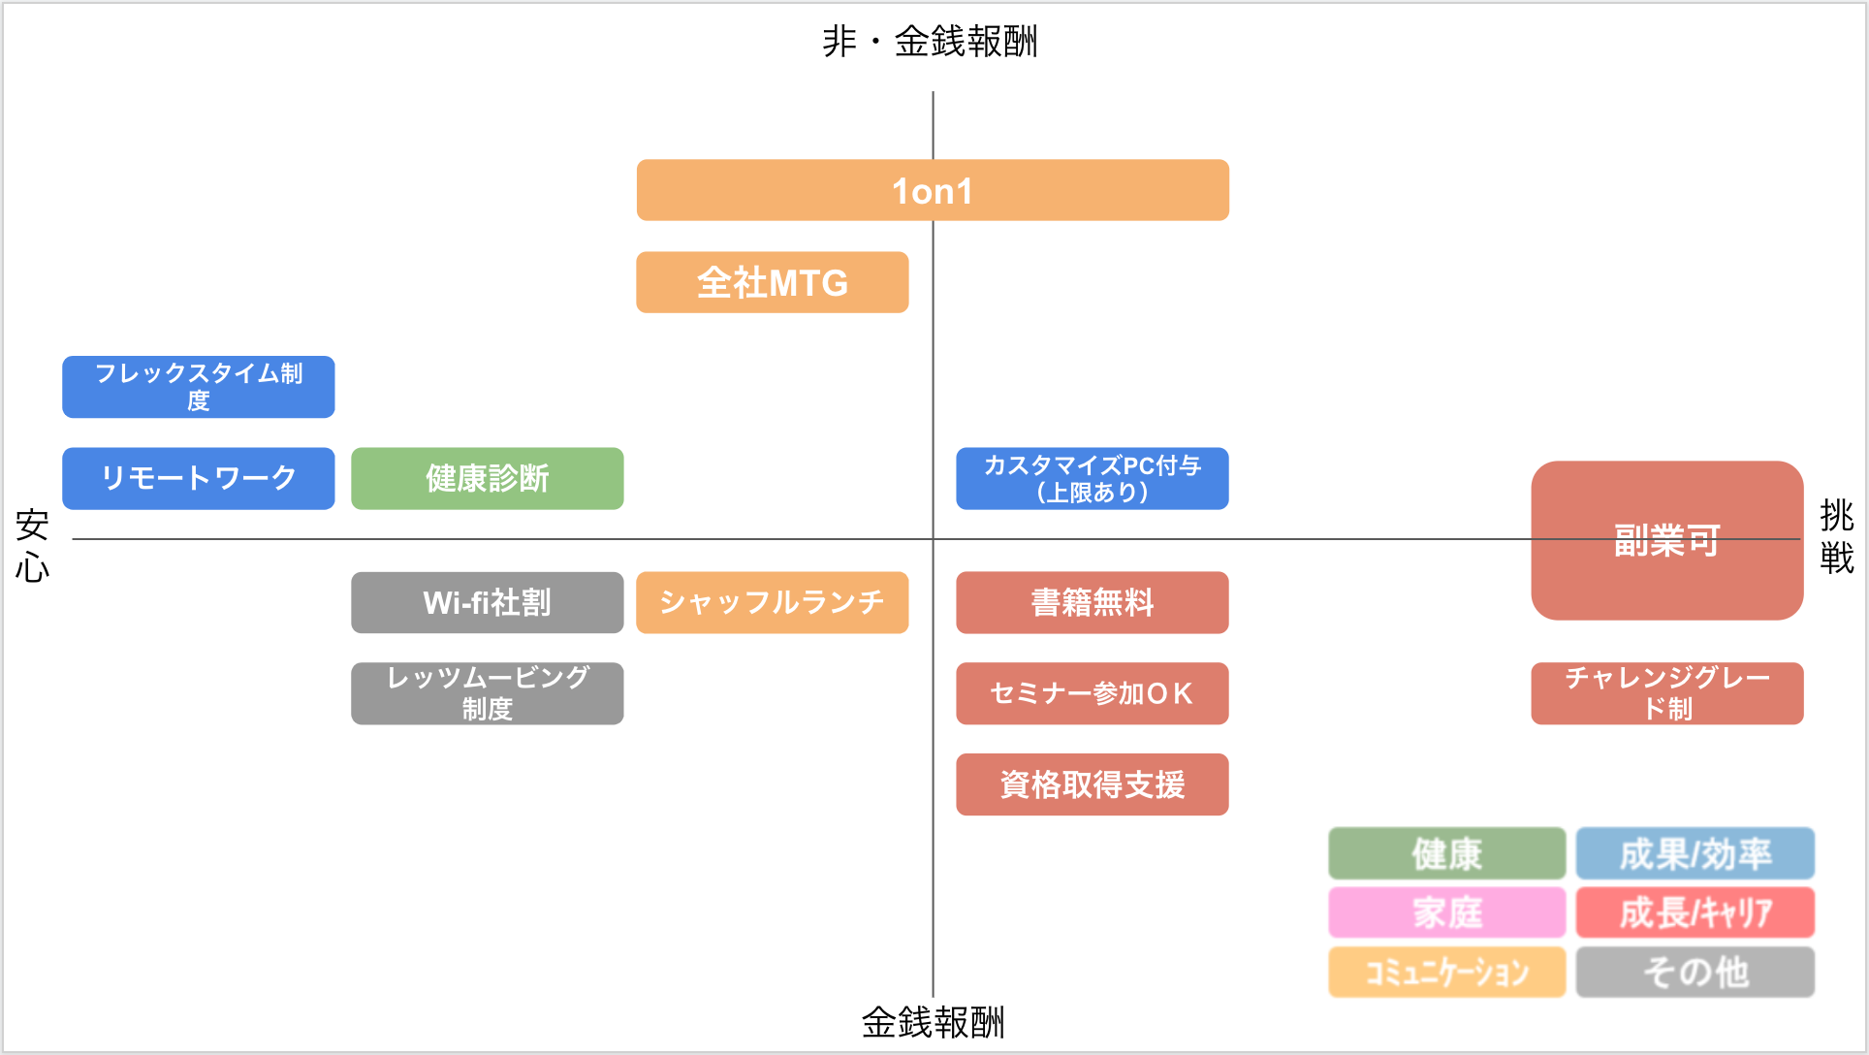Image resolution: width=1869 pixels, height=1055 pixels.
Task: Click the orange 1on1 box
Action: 933,190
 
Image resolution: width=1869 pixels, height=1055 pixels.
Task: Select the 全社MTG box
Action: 773,282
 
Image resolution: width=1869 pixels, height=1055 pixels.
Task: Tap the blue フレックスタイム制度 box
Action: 199,387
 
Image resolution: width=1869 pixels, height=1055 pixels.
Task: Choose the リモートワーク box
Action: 199,478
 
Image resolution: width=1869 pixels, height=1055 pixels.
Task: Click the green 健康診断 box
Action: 488,478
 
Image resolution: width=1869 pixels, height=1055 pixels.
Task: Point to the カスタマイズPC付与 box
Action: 1093,478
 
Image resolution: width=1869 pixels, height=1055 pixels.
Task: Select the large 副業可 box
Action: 1667,540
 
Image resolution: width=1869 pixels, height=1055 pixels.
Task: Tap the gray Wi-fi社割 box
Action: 488,602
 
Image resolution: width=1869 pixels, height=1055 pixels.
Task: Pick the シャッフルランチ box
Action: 773,602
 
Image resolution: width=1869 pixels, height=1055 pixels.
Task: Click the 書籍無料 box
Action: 1093,602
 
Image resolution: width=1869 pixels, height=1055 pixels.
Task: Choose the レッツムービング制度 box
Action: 488,693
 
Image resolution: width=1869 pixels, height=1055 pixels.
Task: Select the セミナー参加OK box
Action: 1093,693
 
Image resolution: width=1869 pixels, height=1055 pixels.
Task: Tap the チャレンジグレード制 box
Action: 1667,693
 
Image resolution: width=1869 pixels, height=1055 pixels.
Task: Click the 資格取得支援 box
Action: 1093,784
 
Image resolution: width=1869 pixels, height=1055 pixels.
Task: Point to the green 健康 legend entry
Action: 1447,853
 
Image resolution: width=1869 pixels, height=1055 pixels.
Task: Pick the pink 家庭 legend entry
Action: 1447,912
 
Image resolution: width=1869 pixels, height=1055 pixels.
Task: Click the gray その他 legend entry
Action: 1695,972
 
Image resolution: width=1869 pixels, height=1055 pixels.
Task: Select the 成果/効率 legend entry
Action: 1695,853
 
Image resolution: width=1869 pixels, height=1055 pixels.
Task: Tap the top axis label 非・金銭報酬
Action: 931,42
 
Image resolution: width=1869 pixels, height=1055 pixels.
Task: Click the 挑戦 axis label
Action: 1837,537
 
